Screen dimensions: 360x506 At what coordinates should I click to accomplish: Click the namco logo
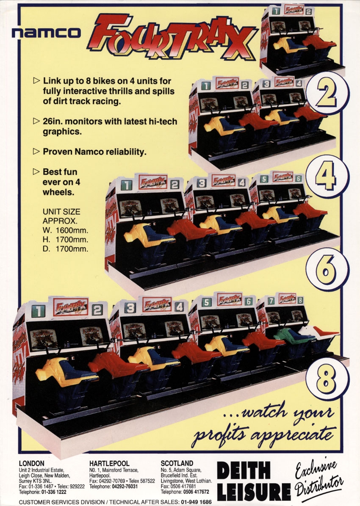46,33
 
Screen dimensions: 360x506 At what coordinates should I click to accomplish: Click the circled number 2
327,93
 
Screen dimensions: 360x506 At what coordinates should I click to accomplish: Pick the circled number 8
327,379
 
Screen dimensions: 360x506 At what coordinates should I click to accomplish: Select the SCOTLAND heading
177,464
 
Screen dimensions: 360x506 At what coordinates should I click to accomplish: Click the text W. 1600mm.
65,230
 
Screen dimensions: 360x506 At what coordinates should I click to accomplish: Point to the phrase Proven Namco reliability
94,152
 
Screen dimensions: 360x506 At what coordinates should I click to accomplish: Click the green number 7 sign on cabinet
271,301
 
